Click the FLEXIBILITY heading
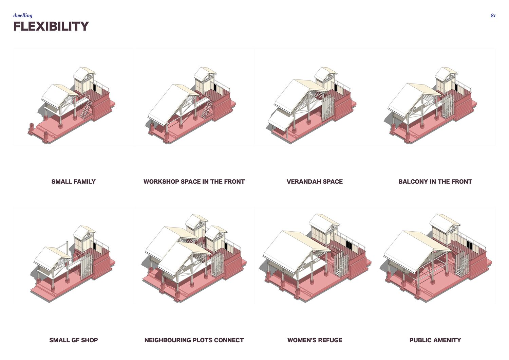[x=51, y=26]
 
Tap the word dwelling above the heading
[x=23, y=16]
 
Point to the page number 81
[x=493, y=16]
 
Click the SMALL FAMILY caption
[x=73, y=181]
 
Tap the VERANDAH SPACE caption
[x=315, y=181]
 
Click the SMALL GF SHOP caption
[x=73, y=340]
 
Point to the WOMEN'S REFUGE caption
[x=315, y=340]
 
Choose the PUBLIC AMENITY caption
[x=435, y=340]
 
